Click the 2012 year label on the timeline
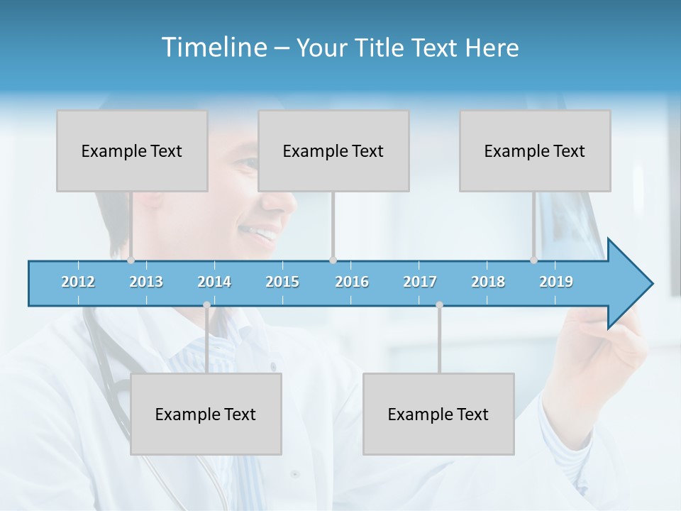[78, 282]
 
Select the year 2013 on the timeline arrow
[146, 282]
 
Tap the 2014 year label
[214, 282]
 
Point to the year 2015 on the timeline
[282, 282]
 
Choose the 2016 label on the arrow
[352, 282]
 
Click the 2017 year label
[420, 282]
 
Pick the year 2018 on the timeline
[488, 282]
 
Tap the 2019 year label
[556, 282]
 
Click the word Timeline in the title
[214, 48]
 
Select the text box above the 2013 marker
[132, 150]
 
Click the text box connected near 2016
[333, 150]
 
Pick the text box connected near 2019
[535, 150]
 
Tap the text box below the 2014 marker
[206, 414]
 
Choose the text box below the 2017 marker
[438, 414]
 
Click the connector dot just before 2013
[131, 260]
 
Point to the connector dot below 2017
[439, 305]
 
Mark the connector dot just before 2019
[533, 260]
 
